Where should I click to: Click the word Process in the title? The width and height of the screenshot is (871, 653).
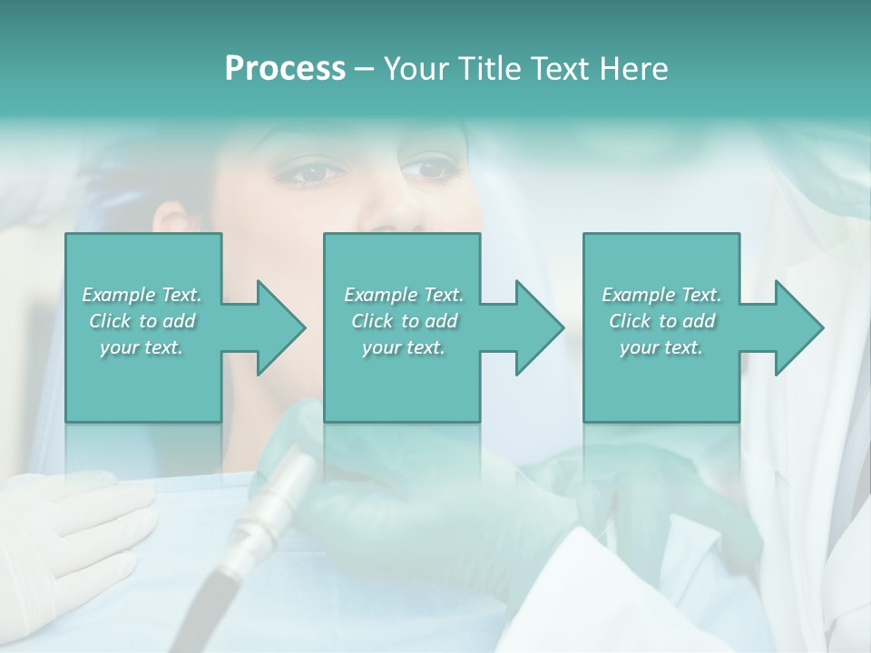pos(285,69)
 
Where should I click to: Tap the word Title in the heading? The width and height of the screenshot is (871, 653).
pos(491,69)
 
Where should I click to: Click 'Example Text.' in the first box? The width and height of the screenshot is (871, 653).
pos(142,295)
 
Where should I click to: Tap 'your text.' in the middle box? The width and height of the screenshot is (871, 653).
pos(403,347)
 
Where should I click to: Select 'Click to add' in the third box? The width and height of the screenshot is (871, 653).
pos(661,321)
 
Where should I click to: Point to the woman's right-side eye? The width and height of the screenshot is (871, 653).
pos(429,169)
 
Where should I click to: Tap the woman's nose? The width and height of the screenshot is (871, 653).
pos(386,213)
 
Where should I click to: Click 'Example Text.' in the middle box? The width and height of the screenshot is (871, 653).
pos(403,295)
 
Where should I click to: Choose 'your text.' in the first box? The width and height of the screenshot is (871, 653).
pos(142,347)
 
